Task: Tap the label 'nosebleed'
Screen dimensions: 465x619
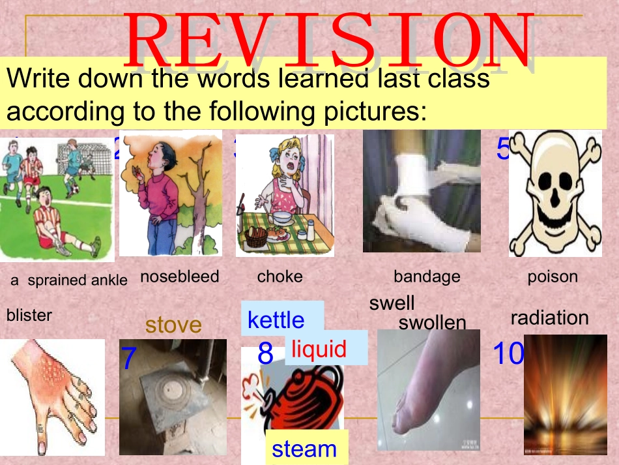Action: pyautogui.click(x=180, y=277)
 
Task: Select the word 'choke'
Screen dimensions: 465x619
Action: pyautogui.click(x=280, y=277)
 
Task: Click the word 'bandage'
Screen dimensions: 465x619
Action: pyautogui.click(x=427, y=277)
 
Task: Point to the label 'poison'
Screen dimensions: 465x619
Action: pyautogui.click(x=553, y=277)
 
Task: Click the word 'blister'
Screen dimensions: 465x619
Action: pyautogui.click(x=29, y=316)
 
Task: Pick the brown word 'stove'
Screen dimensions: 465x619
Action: pyautogui.click(x=173, y=325)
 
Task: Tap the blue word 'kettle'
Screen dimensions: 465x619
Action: pyautogui.click(x=276, y=320)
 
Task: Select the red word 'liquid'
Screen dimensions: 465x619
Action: pyautogui.click(x=319, y=349)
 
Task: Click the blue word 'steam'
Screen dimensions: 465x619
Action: pyautogui.click(x=304, y=449)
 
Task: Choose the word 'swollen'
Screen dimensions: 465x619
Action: pyautogui.click(x=433, y=323)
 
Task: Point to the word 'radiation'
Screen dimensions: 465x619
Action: pyautogui.click(x=549, y=318)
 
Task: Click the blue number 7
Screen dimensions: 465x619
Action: pyautogui.click(x=129, y=359)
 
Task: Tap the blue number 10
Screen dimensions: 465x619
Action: pyautogui.click(x=508, y=354)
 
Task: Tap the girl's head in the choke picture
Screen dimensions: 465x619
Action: pyautogui.click(x=288, y=157)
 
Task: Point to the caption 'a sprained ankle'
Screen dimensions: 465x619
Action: pyautogui.click(x=69, y=280)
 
